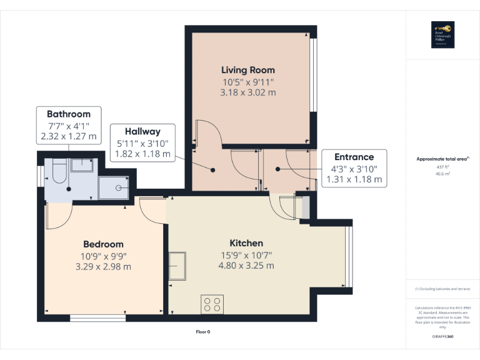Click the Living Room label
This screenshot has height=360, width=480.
click(x=248, y=70)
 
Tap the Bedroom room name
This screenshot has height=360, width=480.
click(x=103, y=244)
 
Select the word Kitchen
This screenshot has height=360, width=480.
click(x=246, y=242)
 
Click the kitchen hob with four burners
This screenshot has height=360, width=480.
click(x=212, y=304)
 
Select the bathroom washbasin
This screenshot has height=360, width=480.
click(x=82, y=165)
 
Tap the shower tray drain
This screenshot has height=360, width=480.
click(x=117, y=187)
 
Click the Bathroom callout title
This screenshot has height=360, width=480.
click(x=69, y=114)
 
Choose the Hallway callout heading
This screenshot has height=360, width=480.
click(x=142, y=131)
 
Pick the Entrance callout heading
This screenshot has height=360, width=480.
click(x=354, y=157)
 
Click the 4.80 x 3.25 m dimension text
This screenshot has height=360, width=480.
click(x=246, y=265)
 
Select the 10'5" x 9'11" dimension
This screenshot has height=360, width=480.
click(x=248, y=81)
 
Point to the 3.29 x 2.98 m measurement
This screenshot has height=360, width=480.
click(x=103, y=266)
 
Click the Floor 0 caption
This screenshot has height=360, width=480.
click(x=202, y=332)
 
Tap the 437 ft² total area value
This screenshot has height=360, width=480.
click(x=442, y=167)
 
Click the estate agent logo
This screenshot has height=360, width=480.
click(x=442, y=34)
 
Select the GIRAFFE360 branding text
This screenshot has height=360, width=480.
click(x=442, y=337)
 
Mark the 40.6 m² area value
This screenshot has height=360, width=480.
click(x=442, y=174)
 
